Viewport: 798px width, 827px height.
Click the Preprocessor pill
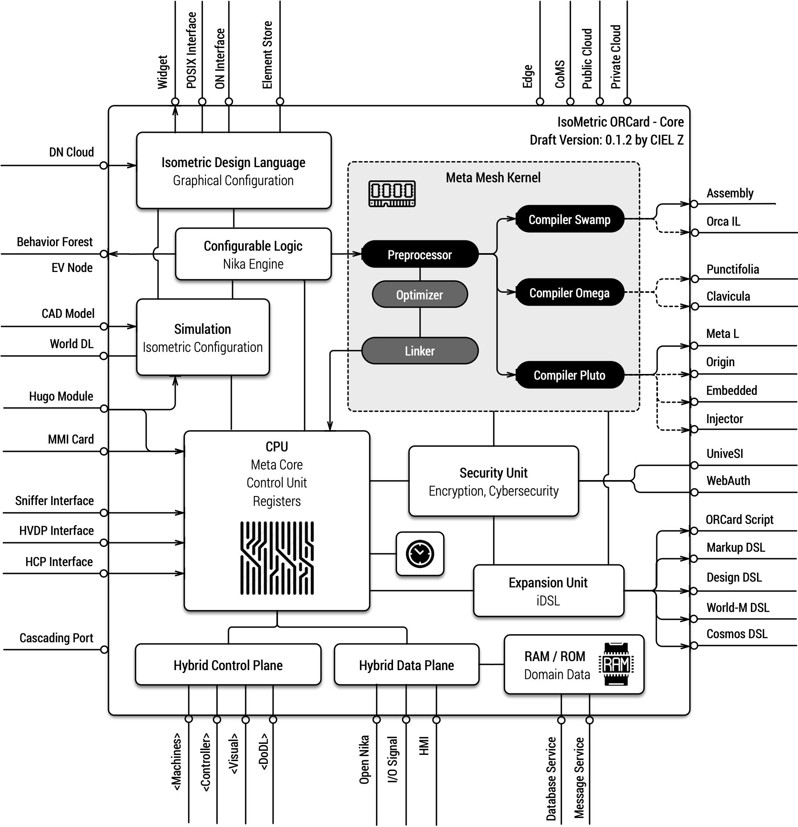pos(420,254)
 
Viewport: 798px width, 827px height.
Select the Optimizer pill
pos(420,295)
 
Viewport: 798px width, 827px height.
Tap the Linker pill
pos(420,351)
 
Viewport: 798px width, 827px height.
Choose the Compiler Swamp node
pos(570,219)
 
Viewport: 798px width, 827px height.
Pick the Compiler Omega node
pos(570,292)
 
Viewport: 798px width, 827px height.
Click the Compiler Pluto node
pos(570,375)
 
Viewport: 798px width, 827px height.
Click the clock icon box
pos(420,553)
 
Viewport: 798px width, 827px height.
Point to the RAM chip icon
pos(616,664)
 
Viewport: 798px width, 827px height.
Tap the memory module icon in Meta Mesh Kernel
pos(392,194)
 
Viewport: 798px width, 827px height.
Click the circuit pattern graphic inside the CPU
pos(277,558)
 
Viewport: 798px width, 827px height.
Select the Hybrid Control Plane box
pos(228,665)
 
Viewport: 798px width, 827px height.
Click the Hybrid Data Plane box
pos(406,665)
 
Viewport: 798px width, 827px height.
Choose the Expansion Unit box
pos(548,591)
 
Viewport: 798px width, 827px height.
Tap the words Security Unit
pos(493,473)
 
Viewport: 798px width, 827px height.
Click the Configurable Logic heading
pos(253,246)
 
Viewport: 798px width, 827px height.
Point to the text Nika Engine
pos(253,264)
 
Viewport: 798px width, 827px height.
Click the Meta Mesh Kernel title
pos(493,178)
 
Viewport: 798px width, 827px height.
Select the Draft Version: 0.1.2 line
pos(606,140)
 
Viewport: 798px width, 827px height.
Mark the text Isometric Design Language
pos(233,163)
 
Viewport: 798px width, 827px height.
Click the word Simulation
pos(202,329)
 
